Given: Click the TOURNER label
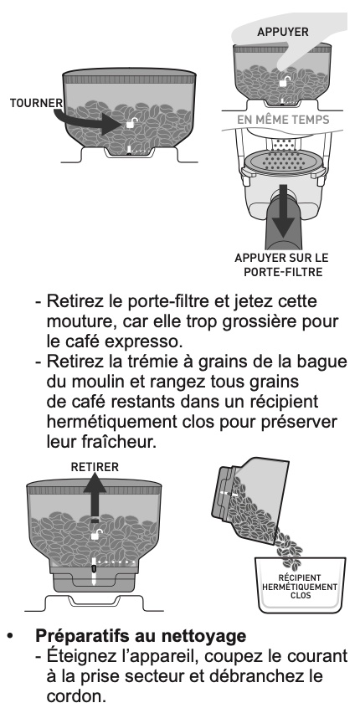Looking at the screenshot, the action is click(37, 103).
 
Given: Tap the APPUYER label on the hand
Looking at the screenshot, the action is click(283, 32).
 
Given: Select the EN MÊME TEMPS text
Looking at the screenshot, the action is click(283, 120).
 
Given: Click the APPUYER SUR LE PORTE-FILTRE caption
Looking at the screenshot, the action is click(281, 265).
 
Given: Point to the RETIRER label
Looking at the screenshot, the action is click(95, 467).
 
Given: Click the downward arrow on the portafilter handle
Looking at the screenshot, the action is click(283, 210).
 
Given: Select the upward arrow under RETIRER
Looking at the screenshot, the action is click(95, 498).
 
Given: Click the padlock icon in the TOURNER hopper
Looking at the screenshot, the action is click(131, 123).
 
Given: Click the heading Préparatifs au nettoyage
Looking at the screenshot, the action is click(141, 636).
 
